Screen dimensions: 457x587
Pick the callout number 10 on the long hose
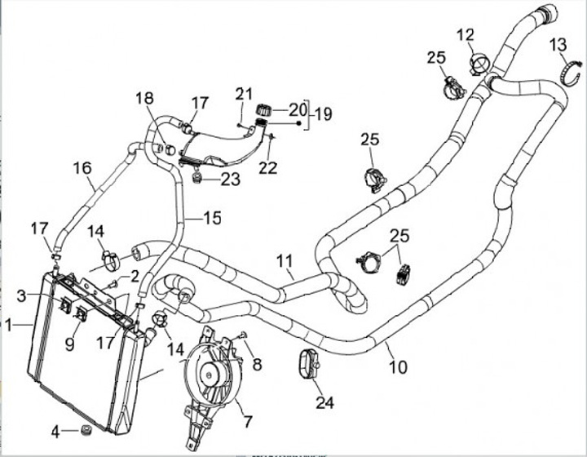397,367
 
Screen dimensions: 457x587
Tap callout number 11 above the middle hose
284,262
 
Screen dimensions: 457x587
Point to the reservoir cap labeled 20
263,110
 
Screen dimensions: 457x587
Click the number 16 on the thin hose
82,169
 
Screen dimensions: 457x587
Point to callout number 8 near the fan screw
258,364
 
